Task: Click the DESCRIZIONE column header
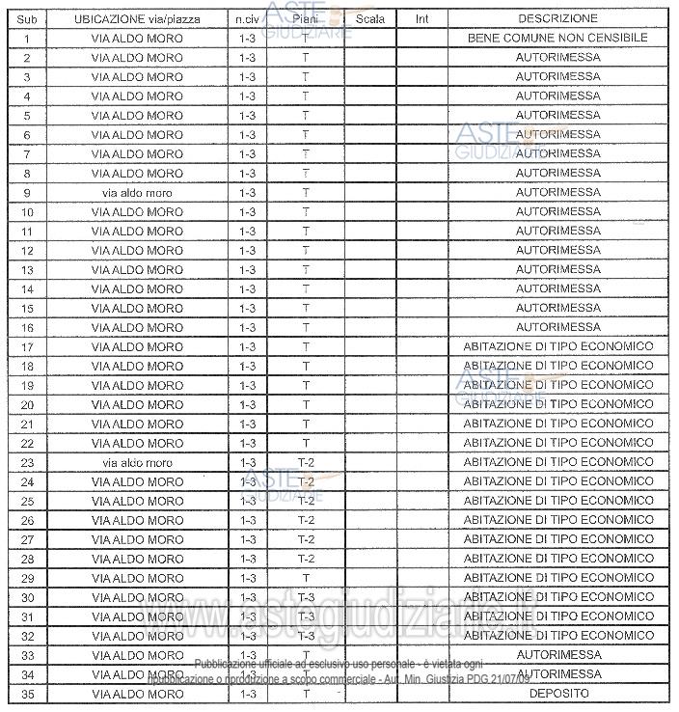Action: tap(557, 18)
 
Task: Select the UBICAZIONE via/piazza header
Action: tap(137, 18)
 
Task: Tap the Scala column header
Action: tap(370, 18)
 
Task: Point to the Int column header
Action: tap(421, 18)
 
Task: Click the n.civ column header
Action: tap(246, 18)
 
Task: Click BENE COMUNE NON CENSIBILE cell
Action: tap(557, 39)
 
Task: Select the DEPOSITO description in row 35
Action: tap(557, 694)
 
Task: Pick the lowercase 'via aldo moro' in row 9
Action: tap(137, 193)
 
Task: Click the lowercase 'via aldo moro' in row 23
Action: tap(137, 463)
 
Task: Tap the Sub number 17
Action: tap(28, 347)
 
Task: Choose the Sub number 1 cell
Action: tap(28, 39)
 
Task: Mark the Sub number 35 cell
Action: tap(28, 694)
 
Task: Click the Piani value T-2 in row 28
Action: tap(306, 560)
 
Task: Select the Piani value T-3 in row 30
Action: tap(306, 598)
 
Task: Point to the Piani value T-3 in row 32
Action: tap(306, 637)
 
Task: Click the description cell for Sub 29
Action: tap(557, 579)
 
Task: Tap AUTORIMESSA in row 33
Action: tap(557, 656)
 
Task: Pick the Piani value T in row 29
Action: tap(306, 579)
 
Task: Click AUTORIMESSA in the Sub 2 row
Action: tap(557, 58)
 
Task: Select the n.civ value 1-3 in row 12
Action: tap(247, 251)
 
